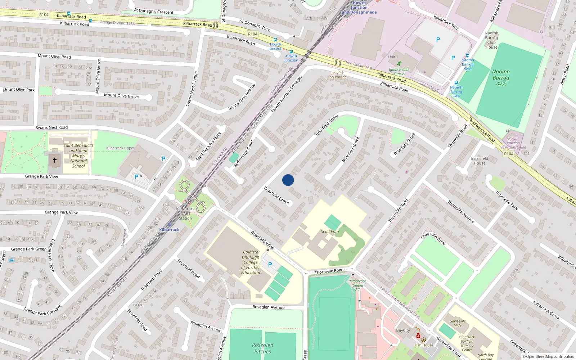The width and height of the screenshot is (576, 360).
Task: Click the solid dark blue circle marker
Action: (x=288, y=180)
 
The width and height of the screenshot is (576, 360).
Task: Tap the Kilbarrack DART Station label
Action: (x=185, y=213)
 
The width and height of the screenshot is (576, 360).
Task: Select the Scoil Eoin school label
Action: (x=330, y=231)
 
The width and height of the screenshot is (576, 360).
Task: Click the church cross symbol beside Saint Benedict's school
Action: (x=55, y=160)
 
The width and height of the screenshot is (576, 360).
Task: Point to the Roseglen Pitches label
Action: (x=262, y=348)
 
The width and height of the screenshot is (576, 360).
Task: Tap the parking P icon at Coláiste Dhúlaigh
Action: (x=270, y=265)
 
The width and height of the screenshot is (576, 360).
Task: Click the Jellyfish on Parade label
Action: (x=338, y=75)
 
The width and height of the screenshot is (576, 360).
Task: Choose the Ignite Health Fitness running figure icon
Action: (x=399, y=63)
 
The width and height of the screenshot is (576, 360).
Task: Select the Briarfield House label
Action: (x=480, y=161)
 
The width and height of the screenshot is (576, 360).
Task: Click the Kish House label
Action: (x=424, y=345)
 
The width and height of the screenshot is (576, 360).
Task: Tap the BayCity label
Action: (x=403, y=330)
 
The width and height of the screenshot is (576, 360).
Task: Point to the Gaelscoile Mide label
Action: (x=458, y=323)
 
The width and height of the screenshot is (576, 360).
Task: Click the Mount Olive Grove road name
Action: (x=121, y=96)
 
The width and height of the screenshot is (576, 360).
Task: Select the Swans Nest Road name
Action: (x=51, y=127)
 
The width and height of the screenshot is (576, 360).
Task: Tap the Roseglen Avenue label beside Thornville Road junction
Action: (x=268, y=307)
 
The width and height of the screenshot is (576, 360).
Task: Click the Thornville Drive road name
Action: (x=433, y=239)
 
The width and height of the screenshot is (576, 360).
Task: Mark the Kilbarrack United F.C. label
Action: (x=357, y=285)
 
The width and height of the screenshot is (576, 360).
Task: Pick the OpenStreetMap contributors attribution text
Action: (x=548, y=356)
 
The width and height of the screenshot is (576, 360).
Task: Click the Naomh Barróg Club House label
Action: (x=491, y=40)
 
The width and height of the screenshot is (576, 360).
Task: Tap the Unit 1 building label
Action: (x=393, y=57)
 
